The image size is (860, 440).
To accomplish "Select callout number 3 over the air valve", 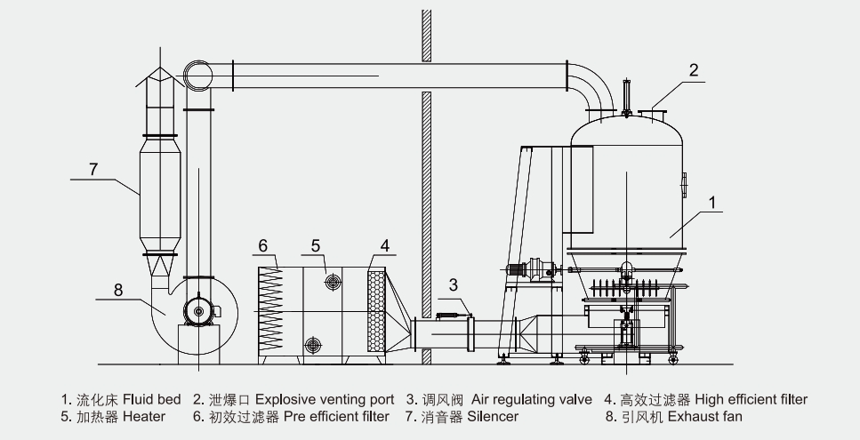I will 454,285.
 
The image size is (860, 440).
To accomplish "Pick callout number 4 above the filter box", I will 385,245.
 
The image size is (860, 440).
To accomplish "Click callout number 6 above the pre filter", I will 264,245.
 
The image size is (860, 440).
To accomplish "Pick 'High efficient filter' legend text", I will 751,400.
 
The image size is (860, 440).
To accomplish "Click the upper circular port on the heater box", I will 334,282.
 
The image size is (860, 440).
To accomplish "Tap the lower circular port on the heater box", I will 313,344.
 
